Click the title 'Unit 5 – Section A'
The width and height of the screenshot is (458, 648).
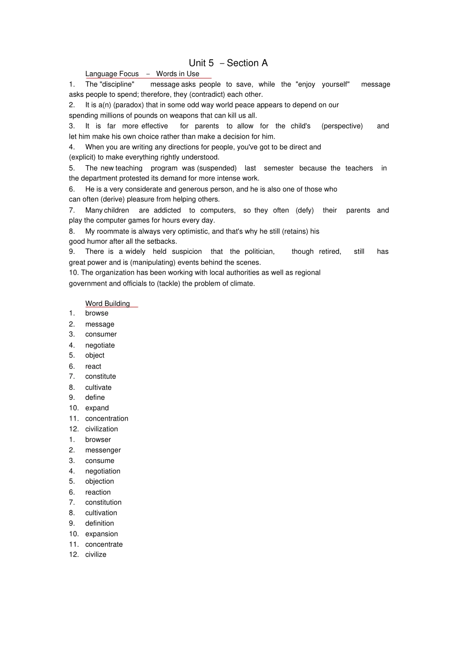pos(228,63)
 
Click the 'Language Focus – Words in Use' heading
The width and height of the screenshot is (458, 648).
pos(142,74)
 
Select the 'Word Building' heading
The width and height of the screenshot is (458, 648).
pos(108,304)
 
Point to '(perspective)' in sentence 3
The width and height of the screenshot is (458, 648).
pos(342,126)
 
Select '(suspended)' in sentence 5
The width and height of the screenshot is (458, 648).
pos(217,168)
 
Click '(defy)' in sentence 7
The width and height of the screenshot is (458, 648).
pos(304,210)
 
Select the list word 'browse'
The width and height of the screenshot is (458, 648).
pos(97,313)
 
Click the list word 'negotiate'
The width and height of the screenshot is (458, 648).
pos(100,345)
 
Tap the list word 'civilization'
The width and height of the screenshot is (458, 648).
pos(101,429)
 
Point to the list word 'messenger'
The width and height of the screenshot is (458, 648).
pos(103,450)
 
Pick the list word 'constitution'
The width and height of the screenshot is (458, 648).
pos(103,502)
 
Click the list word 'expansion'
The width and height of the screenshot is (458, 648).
pos(101,534)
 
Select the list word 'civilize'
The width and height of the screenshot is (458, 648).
pos(95,555)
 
